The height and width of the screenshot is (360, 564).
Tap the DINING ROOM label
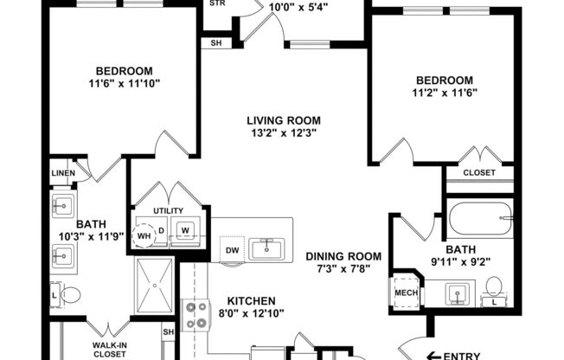[343, 256]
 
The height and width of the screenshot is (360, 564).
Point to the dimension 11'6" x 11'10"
[124, 84]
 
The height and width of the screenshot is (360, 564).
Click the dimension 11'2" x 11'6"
[446, 92]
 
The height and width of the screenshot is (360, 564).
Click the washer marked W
[185, 230]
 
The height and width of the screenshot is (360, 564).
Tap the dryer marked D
[161, 229]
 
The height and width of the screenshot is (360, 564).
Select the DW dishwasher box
[230, 249]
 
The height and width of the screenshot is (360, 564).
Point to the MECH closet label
[405, 291]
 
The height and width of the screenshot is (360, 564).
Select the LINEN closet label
[63, 173]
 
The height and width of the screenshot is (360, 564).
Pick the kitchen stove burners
[195, 315]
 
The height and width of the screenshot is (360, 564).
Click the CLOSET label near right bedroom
[479, 172]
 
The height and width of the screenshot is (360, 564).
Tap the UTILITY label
[169, 210]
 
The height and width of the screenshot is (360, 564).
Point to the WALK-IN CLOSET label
[110, 349]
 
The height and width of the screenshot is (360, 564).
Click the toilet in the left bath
[68, 296]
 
